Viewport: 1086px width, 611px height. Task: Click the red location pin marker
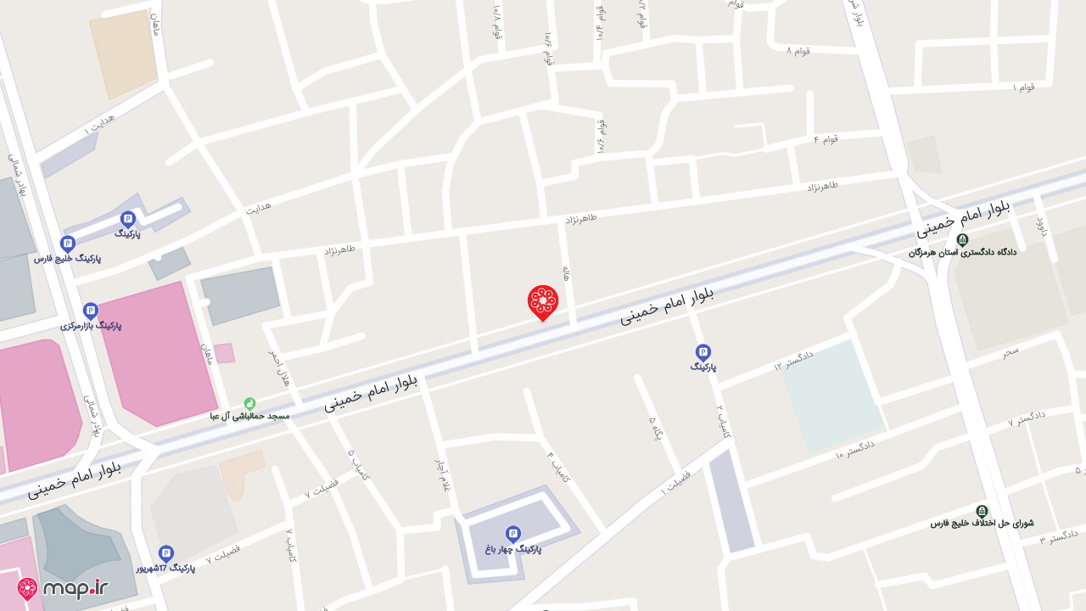click(542, 302)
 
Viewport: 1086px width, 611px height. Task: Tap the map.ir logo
click(63, 588)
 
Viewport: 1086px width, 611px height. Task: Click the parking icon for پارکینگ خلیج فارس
click(68, 244)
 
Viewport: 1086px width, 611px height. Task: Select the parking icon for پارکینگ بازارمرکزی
click(91, 311)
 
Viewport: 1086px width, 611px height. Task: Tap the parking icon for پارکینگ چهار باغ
click(512, 534)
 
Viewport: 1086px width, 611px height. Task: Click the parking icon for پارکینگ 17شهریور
click(166, 553)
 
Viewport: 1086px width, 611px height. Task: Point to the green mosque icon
click(249, 404)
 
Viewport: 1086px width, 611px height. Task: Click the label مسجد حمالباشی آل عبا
click(250, 417)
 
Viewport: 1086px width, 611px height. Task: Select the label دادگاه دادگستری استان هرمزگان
click(962, 252)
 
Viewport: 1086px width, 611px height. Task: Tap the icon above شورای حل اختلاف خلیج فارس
click(982, 511)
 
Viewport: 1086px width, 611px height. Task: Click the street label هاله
click(566, 272)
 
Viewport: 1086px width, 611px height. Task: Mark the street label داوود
click(1041, 227)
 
